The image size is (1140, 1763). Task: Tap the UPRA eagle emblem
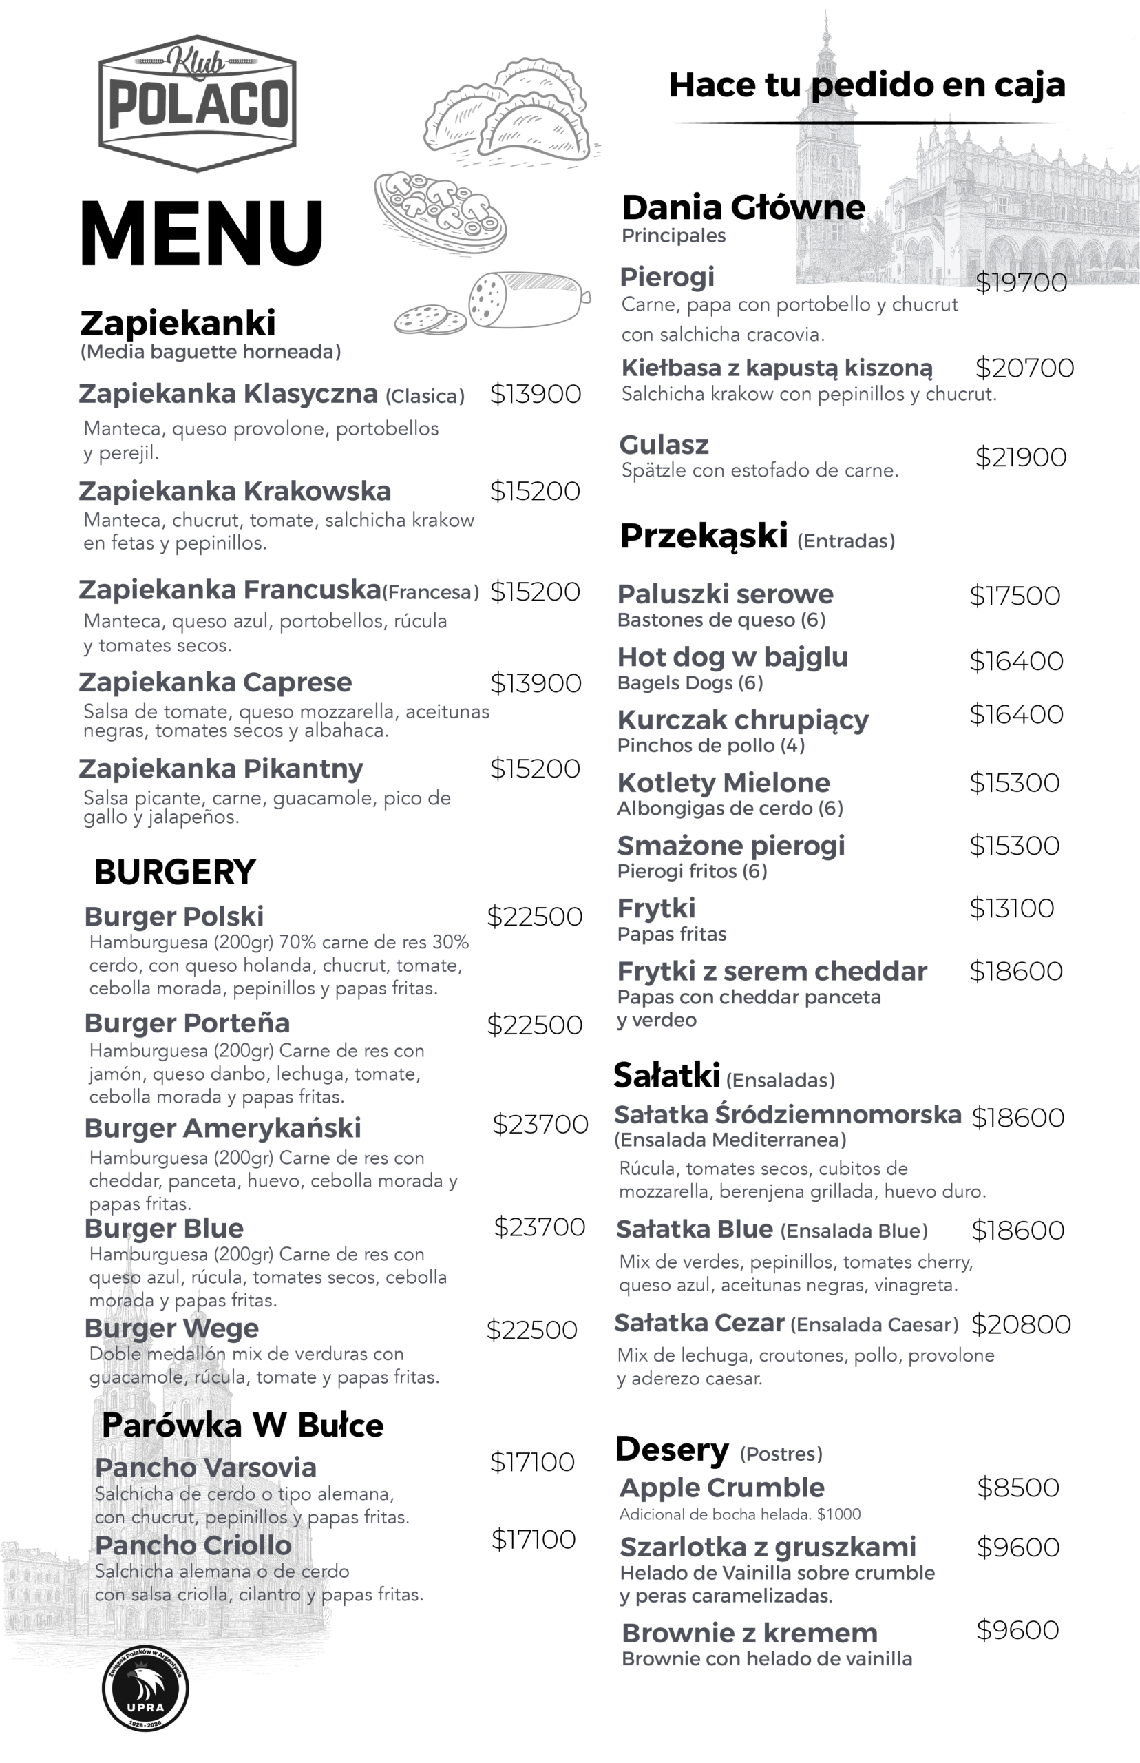click(x=145, y=1689)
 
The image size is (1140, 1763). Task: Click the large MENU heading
click(x=201, y=233)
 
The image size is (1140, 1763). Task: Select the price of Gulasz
click(x=1020, y=457)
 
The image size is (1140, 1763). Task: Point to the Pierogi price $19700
click(x=1021, y=282)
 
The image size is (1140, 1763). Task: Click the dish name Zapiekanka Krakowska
click(x=235, y=491)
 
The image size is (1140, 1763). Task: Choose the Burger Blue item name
click(x=164, y=1228)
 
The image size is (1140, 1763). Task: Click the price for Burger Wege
click(x=531, y=1329)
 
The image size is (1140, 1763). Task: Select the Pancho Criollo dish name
click(x=193, y=1545)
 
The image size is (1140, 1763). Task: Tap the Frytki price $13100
click(x=1011, y=908)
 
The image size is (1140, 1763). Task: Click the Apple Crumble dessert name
click(x=721, y=1487)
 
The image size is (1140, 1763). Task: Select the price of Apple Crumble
click(x=1018, y=1487)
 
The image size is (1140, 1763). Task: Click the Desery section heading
click(x=672, y=1449)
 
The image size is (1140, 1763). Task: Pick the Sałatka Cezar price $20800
click(x=1021, y=1324)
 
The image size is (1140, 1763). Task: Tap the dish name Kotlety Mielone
click(x=724, y=782)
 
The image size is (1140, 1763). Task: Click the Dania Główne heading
click(x=743, y=207)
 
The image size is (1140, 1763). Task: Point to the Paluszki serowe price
click(x=1015, y=595)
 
